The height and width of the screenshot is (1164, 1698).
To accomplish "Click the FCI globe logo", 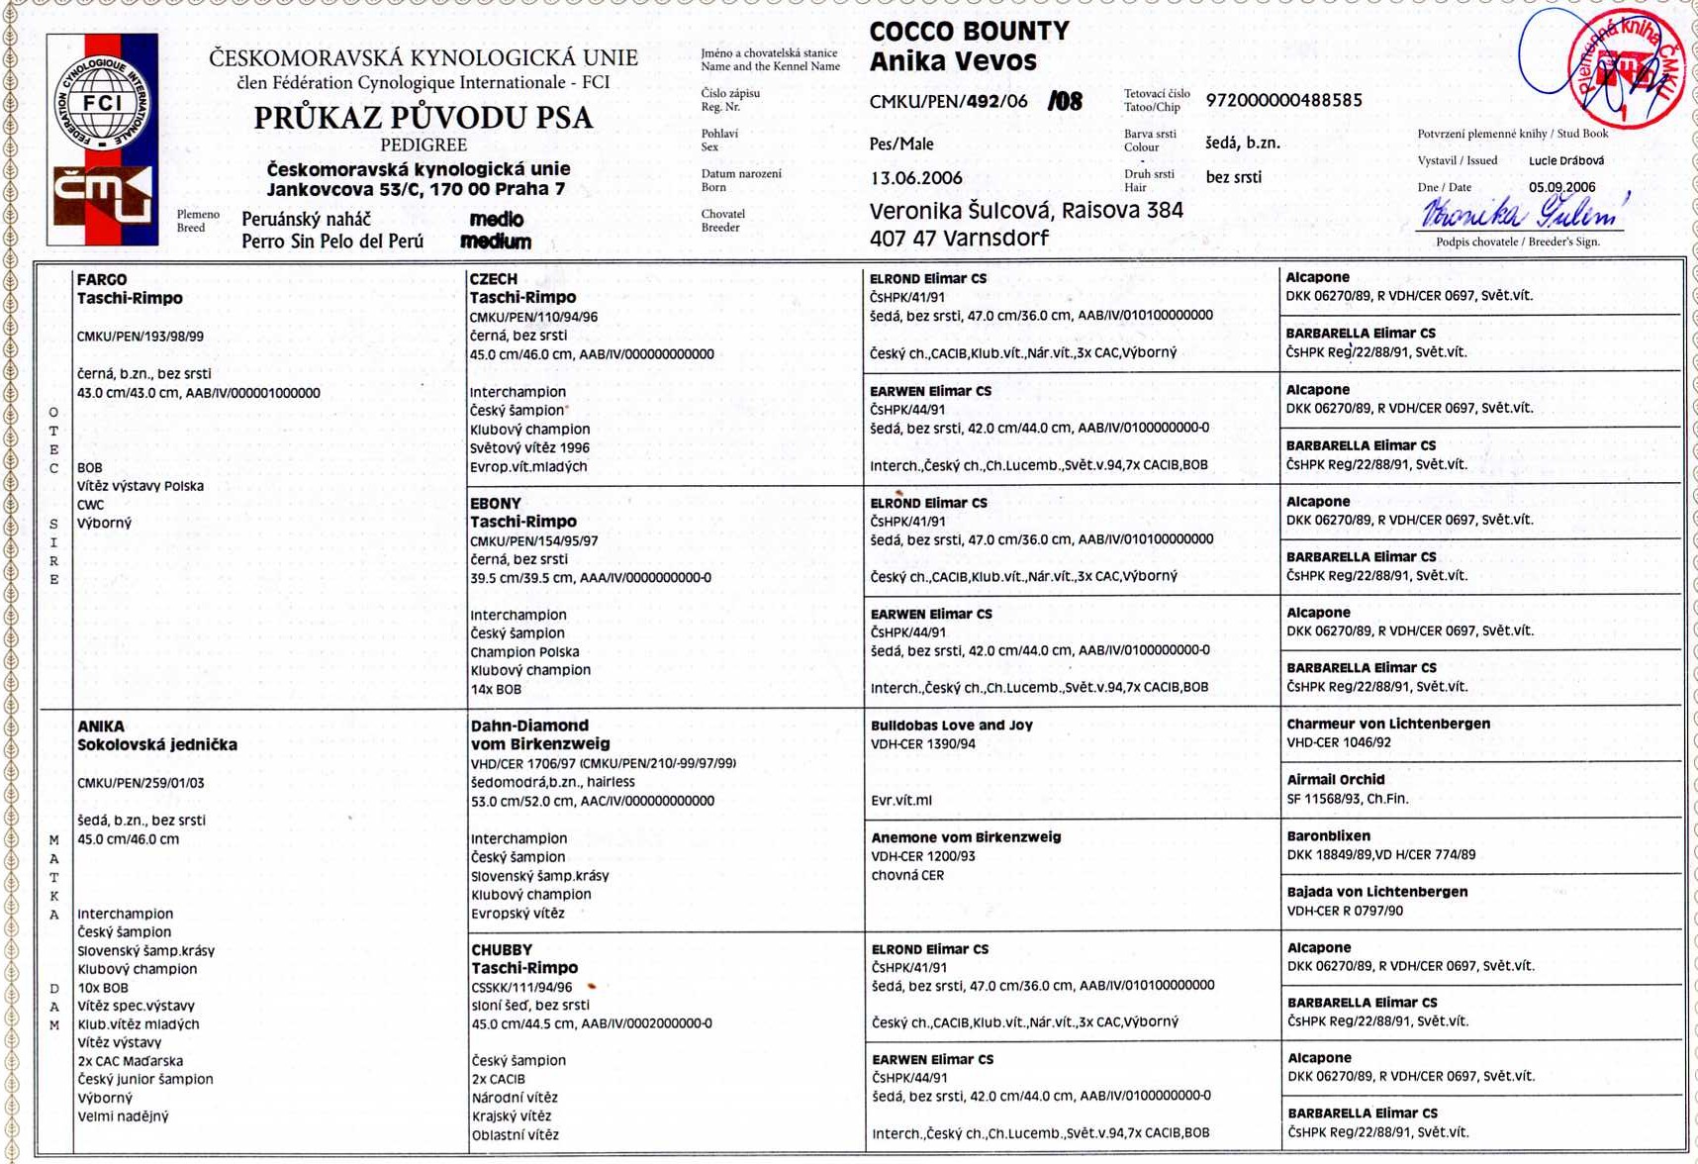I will tap(102, 104).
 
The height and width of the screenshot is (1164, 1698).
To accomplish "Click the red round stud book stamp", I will tap(1627, 69).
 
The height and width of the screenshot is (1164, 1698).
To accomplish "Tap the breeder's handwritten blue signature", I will tap(1522, 212).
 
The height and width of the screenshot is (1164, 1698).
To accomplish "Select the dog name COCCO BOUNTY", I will tap(969, 32).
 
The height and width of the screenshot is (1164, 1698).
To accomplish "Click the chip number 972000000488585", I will tap(1283, 100).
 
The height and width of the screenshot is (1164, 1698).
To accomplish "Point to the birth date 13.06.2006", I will tap(915, 178).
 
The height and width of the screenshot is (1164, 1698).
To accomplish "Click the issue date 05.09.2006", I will tap(1561, 187).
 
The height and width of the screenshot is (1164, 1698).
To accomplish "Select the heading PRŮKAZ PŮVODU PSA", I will tap(424, 118).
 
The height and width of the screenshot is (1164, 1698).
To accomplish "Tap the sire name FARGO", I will tap(102, 280).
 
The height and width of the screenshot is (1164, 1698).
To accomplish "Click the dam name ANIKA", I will tap(101, 727).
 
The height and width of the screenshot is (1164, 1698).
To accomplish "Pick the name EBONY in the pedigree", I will tap(495, 503).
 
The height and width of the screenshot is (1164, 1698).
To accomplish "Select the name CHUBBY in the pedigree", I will tap(502, 949).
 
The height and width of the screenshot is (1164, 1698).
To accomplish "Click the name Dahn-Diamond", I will tap(529, 726).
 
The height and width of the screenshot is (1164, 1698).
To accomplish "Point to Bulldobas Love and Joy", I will tap(951, 726).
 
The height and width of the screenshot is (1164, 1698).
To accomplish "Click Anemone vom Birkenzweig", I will tap(965, 837).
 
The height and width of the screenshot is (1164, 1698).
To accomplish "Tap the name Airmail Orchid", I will tap(1335, 780).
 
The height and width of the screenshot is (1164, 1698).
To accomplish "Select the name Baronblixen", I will tap(1328, 836).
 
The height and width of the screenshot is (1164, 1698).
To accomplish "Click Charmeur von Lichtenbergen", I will tap(1387, 725).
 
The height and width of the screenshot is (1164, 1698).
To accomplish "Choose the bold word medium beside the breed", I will tap(496, 242).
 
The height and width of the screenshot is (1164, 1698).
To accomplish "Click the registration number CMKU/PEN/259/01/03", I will tap(141, 783).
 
